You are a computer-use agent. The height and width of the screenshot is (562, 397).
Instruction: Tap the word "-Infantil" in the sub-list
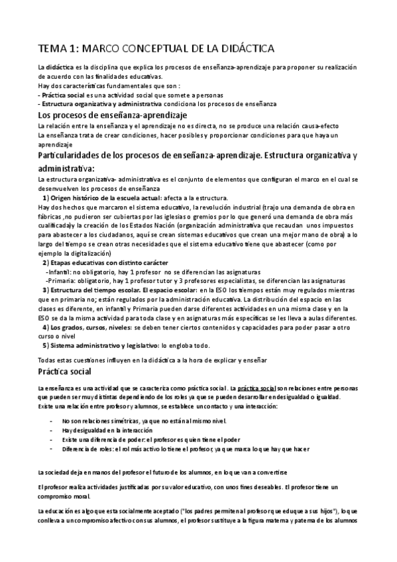(x=57, y=272)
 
